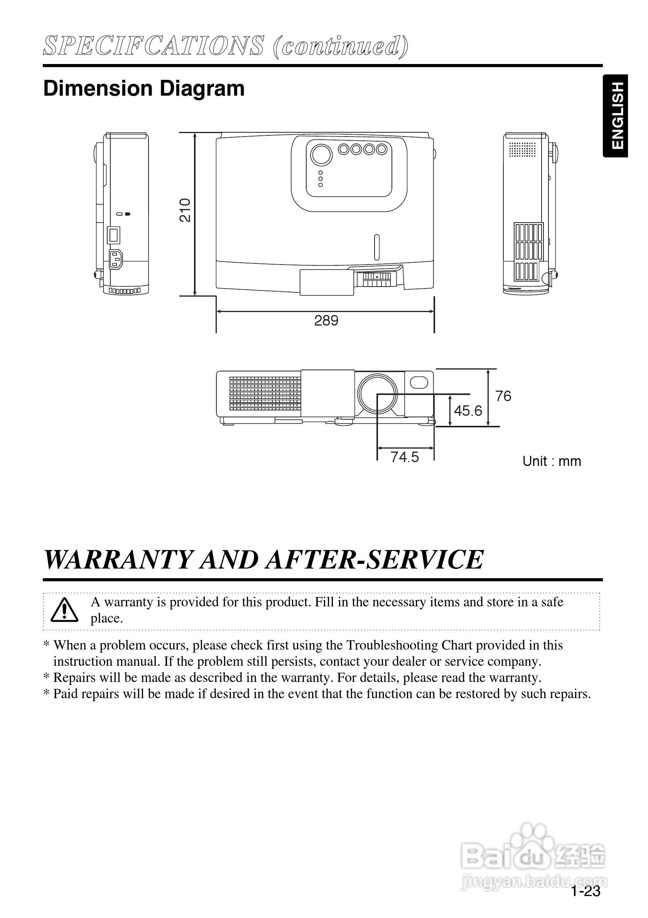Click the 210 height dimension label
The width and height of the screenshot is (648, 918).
click(x=185, y=210)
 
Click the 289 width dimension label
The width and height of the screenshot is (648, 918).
click(x=326, y=321)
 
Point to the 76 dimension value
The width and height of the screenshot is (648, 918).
click(x=503, y=396)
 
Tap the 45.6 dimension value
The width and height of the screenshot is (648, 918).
click(x=468, y=411)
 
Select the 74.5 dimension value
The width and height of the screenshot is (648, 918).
click(x=405, y=457)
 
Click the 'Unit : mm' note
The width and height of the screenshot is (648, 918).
click(x=552, y=461)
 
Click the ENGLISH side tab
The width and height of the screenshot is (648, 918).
click(x=616, y=116)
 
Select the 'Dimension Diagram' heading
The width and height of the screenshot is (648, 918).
click(x=144, y=88)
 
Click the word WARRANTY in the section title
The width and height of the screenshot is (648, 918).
click(x=118, y=560)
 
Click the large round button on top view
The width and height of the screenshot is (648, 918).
click(x=321, y=154)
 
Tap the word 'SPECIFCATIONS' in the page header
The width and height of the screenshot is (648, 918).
click(x=154, y=46)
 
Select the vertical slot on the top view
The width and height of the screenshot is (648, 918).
click(x=376, y=248)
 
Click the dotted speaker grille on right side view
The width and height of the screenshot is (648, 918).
click(x=521, y=149)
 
